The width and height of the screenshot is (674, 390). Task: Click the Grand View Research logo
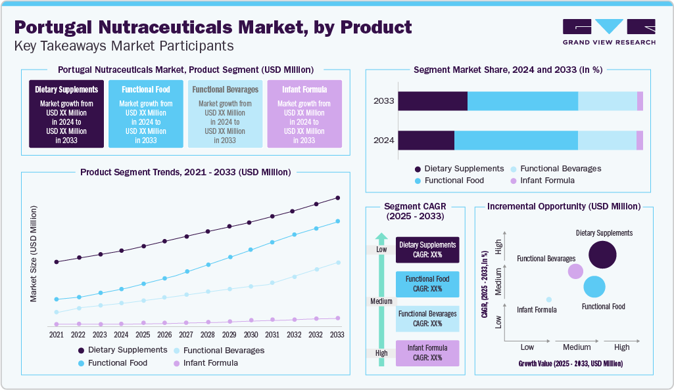[x=609, y=32]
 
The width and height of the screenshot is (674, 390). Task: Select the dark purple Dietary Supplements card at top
[x=66, y=114]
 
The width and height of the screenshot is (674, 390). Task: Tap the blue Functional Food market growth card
[x=145, y=114]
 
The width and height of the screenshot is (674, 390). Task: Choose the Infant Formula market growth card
[x=304, y=114]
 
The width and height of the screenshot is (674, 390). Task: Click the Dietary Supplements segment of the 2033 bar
[x=433, y=101]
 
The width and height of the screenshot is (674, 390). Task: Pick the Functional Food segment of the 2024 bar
[x=516, y=141]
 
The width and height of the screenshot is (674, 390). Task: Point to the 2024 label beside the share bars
[x=383, y=141]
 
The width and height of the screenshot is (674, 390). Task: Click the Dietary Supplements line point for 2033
[x=338, y=198]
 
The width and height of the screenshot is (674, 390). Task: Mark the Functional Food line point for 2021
[x=57, y=299]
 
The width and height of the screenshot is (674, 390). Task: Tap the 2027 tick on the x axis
[x=187, y=334]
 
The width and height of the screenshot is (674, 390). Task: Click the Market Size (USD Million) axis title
[x=34, y=253]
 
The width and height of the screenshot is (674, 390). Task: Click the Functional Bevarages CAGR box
[x=427, y=318]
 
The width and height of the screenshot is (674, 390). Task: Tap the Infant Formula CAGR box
[x=427, y=353]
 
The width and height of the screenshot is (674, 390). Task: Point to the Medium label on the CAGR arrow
[x=381, y=301]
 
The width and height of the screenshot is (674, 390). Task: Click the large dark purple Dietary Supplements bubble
[x=602, y=254]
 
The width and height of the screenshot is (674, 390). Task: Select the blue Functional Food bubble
[x=594, y=287]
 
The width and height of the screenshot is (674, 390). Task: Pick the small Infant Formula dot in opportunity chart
[x=549, y=299]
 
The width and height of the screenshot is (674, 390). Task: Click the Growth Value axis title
[x=570, y=363]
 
